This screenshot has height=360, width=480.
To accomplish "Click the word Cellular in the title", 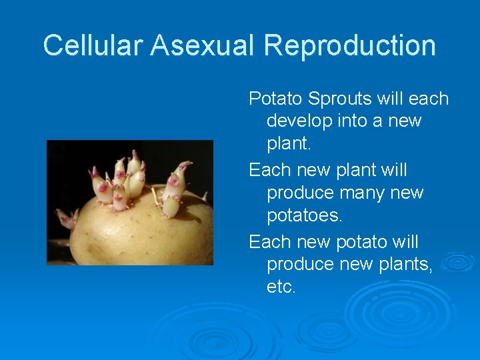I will tap(94, 45).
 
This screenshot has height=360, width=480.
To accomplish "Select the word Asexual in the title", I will tap(204, 45).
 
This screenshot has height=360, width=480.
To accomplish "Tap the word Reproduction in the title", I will tap(349, 45).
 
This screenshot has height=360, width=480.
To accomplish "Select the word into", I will tap(357, 121).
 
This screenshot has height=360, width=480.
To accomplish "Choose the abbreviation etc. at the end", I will tap(281, 287).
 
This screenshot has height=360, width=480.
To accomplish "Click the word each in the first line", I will tap(428, 99).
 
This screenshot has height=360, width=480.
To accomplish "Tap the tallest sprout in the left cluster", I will tap(135, 163).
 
